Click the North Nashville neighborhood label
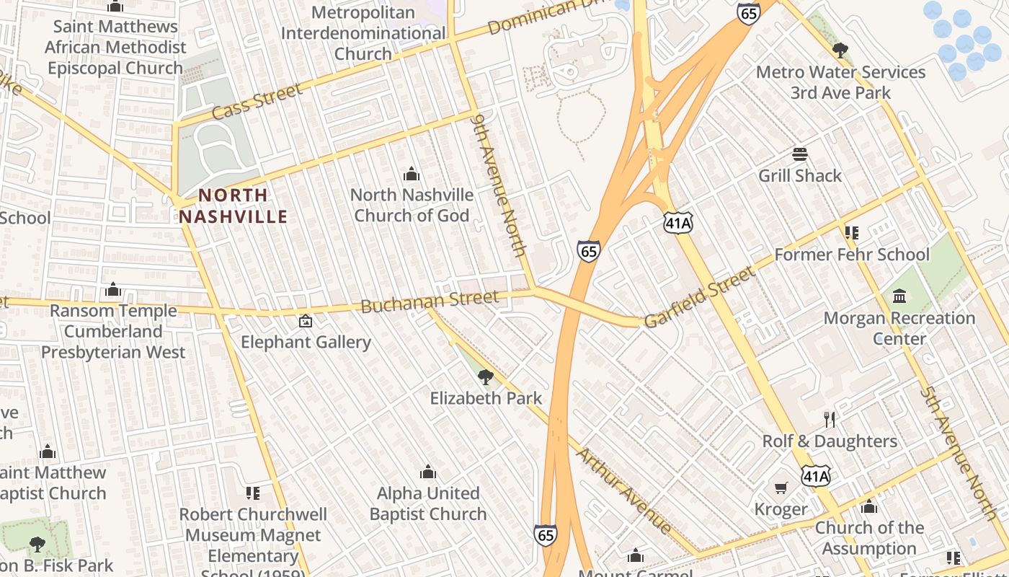coord(233,206)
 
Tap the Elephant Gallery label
coord(306,342)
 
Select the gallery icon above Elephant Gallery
coord(306,321)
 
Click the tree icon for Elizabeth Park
coord(486,376)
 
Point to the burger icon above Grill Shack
coord(800,154)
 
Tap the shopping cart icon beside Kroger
coord(781,489)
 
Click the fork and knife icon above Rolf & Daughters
coord(830,419)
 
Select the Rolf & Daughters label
coord(830,441)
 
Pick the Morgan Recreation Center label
coord(899,328)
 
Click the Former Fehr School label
coord(852,255)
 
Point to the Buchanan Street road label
coord(430,301)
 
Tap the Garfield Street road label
coord(700,297)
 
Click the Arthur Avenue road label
coord(624,490)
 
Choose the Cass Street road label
coord(257,102)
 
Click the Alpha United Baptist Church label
coord(428,503)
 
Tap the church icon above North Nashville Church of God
coord(412,174)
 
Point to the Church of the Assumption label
coord(869,538)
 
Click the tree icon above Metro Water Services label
coord(840,50)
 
